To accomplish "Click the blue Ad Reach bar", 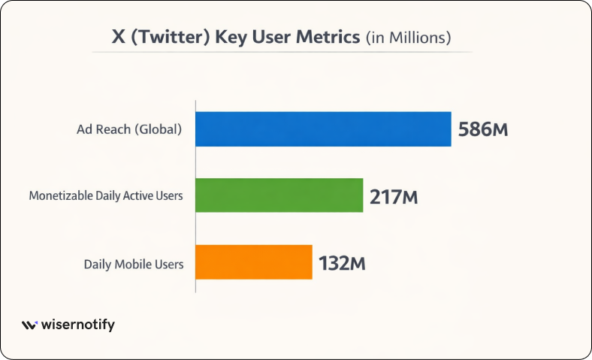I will (x=323, y=129).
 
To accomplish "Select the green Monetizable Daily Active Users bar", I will (x=279, y=195).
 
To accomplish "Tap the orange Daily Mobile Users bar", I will (x=254, y=262).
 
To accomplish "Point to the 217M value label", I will (x=394, y=197).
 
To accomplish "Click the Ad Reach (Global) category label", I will (x=129, y=129).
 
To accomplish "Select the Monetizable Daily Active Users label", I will (x=106, y=197).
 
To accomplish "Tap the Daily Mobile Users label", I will (x=134, y=264).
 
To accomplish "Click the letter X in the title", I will (x=118, y=38).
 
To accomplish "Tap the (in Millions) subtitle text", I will (x=408, y=38).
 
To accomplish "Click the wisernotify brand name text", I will (x=78, y=325).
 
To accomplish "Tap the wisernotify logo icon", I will (x=29, y=325).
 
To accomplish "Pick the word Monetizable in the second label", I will (x=60, y=197).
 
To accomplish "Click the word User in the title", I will (x=274, y=38).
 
